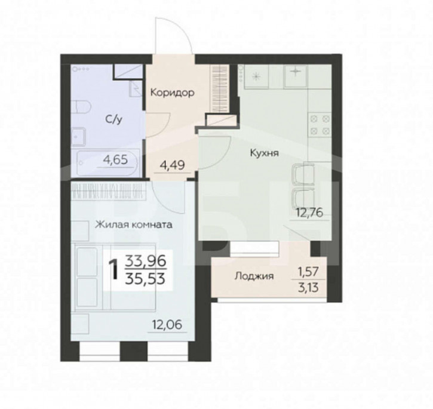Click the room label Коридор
pyautogui.click(x=172, y=93)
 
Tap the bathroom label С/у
pyautogui.click(x=113, y=119)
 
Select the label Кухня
pyautogui.click(x=264, y=153)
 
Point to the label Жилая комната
pyautogui.click(x=134, y=225)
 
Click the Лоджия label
pyautogui.click(x=254, y=276)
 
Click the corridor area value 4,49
pyautogui.click(x=173, y=166)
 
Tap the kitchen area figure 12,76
pyautogui.click(x=309, y=213)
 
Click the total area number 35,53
pyautogui.click(x=145, y=278)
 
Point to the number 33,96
pyautogui.click(x=145, y=261)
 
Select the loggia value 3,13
pyautogui.click(x=308, y=288)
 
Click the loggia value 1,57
pyautogui.click(x=308, y=272)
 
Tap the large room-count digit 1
pyautogui.click(x=113, y=270)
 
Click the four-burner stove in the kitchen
pyautogui.click(x=320, y=125)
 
